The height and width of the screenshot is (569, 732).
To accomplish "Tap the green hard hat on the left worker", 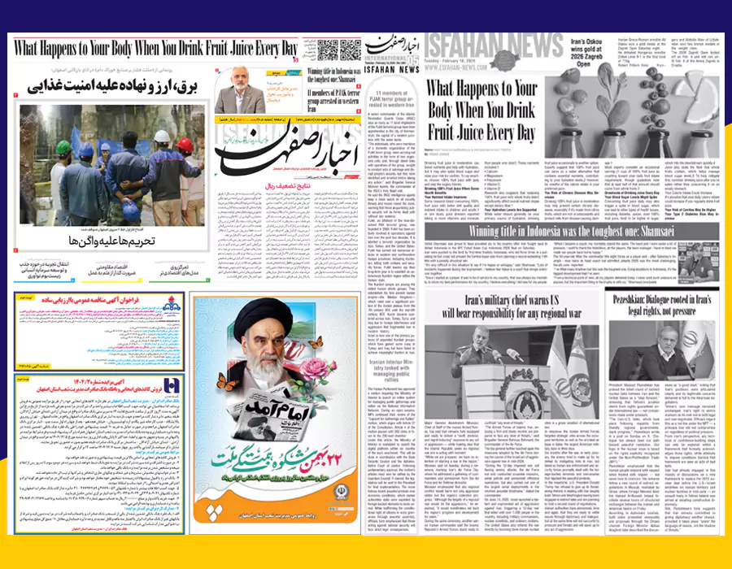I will pos(63,148).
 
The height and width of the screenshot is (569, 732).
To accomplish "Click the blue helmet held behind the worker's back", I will pos(129,210).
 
